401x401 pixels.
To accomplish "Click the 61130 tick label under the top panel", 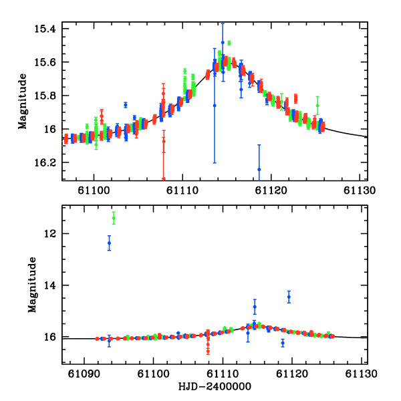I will point(356,190).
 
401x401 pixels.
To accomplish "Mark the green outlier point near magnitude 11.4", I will point(114,218).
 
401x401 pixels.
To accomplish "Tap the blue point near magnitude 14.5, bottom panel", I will point(289,297).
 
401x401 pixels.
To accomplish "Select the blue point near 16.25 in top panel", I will point(259,169).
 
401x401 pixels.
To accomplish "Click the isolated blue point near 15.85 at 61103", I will point(125,105).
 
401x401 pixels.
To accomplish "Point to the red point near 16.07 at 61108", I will point(163,141).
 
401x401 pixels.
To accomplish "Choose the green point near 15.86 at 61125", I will point(317,106).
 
